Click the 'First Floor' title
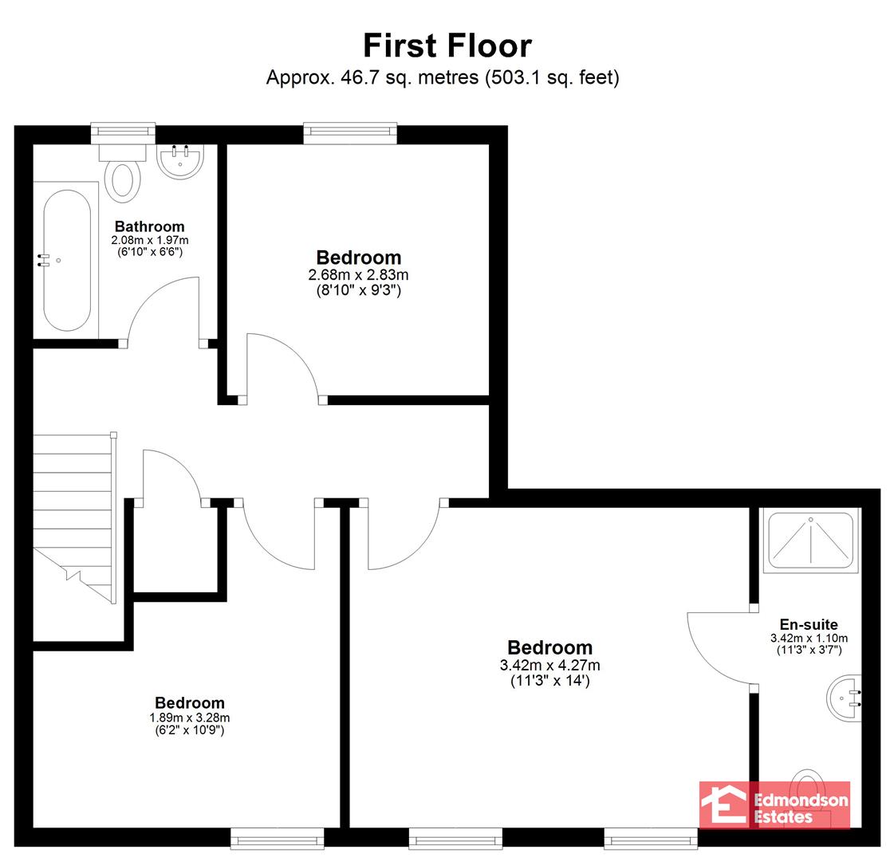(447, 45)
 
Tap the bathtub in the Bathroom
(66, 261)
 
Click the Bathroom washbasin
(179, 161)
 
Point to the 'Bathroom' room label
(149, 226)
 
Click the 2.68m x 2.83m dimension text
(358, 275)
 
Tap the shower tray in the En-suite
(810, 541)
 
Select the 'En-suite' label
(809, 624)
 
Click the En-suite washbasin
(844, 698)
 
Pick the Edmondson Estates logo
(774, 804)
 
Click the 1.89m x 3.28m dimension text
(189, 718)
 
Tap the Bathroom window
(123, 132)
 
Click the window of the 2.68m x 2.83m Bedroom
(350, 132)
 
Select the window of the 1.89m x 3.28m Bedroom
(277, 838)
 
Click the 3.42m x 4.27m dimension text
(549, 665)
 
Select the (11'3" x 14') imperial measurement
(549, 680)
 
